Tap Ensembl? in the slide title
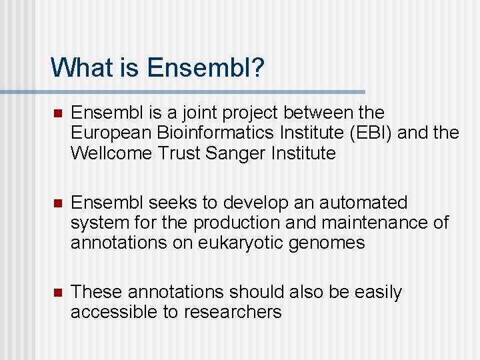(x=206, y=67)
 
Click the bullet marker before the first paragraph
(x=57, y=113)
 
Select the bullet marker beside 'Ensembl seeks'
(x=57, y=203)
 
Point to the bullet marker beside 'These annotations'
(x=57, y=293)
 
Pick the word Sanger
(x=240, y=153)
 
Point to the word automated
(x=357, y=203)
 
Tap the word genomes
(x=327, y=243)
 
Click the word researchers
(x=233, y=312)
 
